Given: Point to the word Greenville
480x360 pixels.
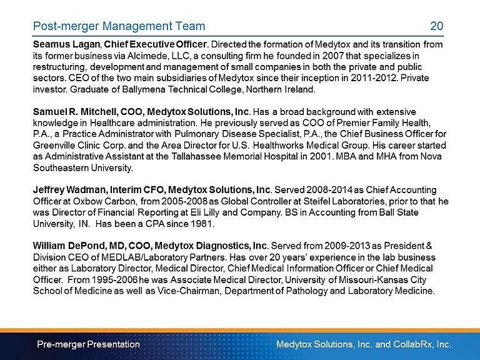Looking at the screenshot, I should (x=57, y=146).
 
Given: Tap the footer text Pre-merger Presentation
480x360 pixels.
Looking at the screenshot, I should (x=88, y=344).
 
